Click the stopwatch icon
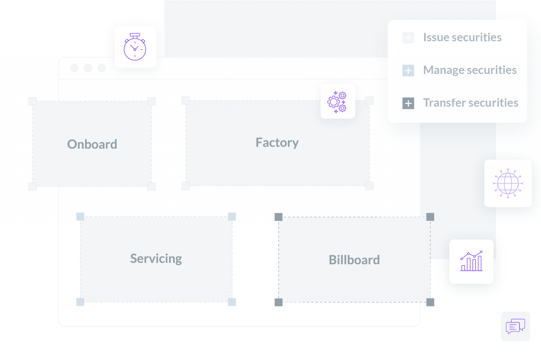(135, 47)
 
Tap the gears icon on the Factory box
(337, 102)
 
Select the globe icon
(508, 184)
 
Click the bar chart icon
(471, 261)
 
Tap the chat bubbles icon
(515, 326)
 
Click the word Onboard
(92, 144)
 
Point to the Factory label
(277, 143)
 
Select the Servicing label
(156, 259)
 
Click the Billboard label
(354, 260)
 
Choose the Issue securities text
(462, 37)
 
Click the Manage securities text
(470, 70)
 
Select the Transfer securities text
(471, 103)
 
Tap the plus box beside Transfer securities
(408, 103)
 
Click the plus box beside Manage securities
(408, 70)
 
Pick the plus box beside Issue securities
(408, 38)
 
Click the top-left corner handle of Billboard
(278, 217)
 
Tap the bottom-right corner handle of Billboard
(430, 302)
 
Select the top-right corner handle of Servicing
(232, 217)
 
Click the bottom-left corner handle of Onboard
(33, 187)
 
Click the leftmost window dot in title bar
(74, 68)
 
